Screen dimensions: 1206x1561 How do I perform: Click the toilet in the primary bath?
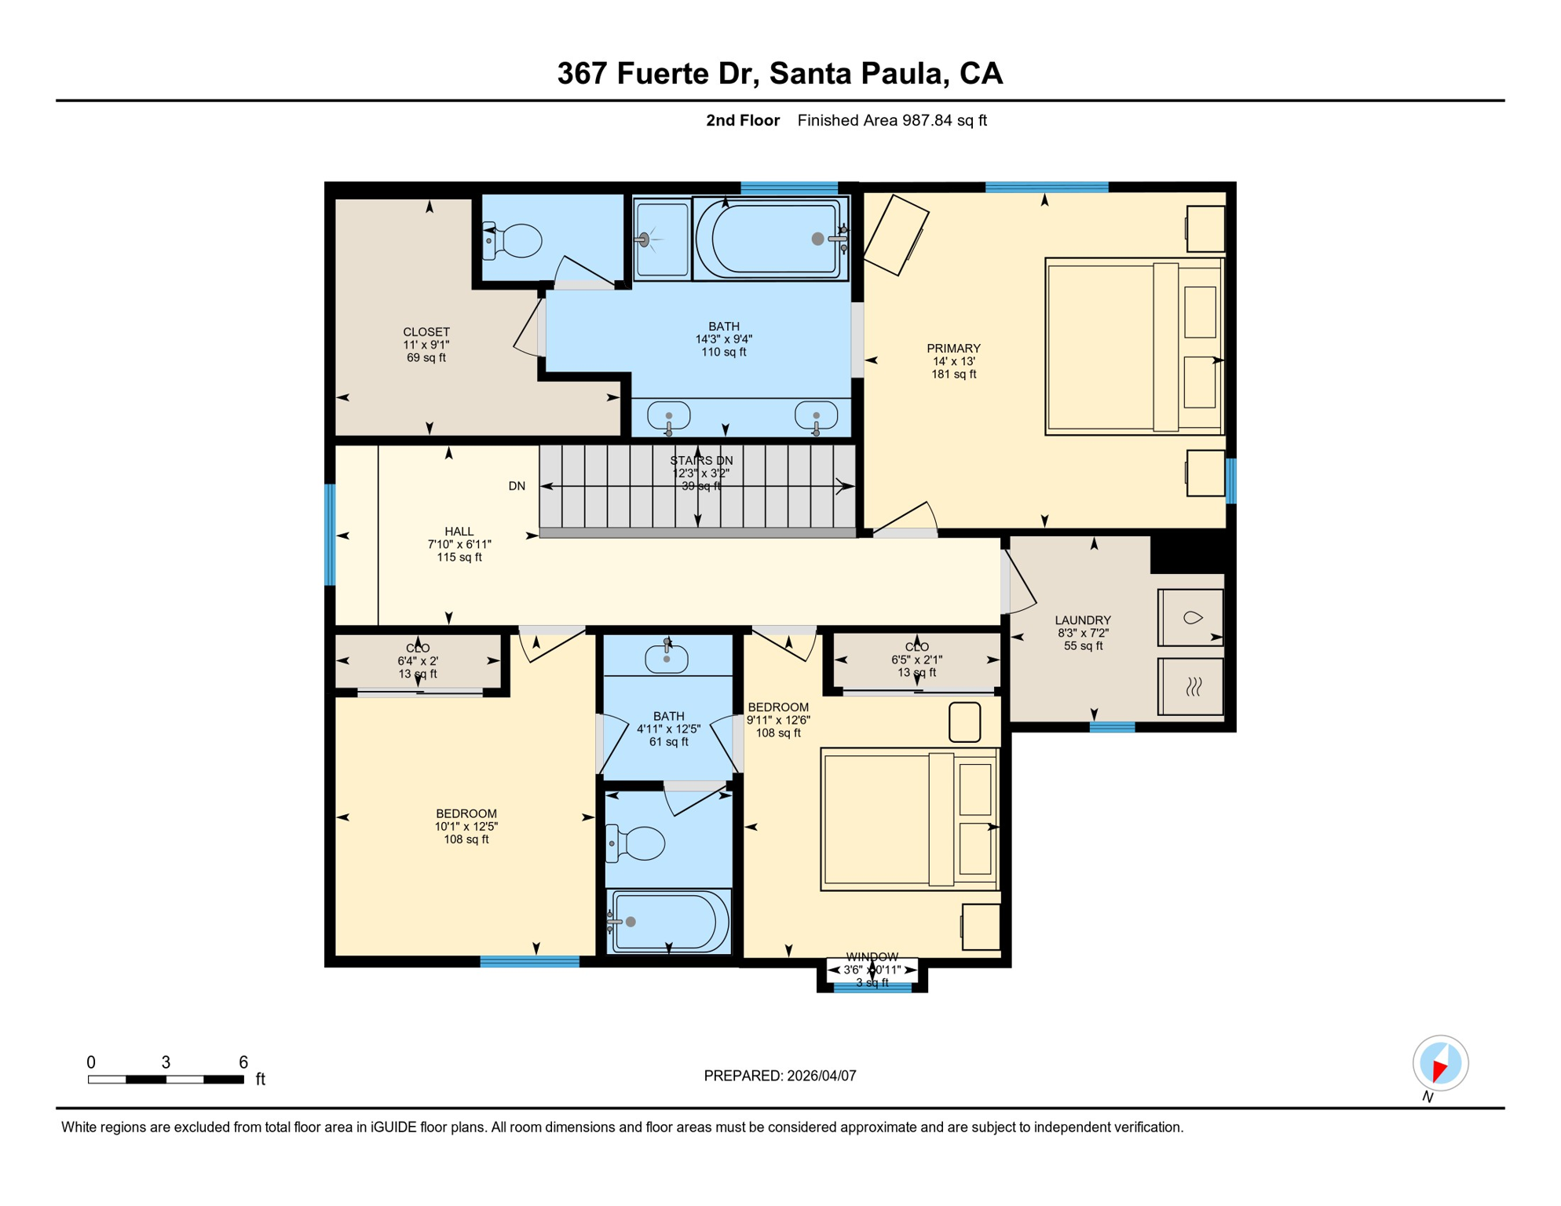[x=517, y=241]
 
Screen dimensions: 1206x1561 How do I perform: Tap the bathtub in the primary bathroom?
[x=771, y=239]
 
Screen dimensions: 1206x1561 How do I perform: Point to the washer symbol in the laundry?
[x=1190, y=618]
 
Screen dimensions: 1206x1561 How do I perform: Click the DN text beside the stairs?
[x=517, y=486]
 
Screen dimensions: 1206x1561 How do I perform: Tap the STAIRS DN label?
[x=701, y=461]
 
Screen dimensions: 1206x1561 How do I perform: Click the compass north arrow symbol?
[x=1440, y=1064]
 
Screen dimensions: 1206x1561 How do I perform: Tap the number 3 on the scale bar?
[x=166, y=1062]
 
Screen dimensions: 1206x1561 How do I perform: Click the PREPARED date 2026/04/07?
[x=780, y=1076]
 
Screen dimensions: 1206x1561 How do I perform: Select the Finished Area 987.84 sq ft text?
[x=892, y=120]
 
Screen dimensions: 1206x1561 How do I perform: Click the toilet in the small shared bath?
[x=638, y=843]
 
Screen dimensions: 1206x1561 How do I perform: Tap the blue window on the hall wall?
[x=331, y=535]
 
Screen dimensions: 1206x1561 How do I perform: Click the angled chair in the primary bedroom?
[x=896, y=235]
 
